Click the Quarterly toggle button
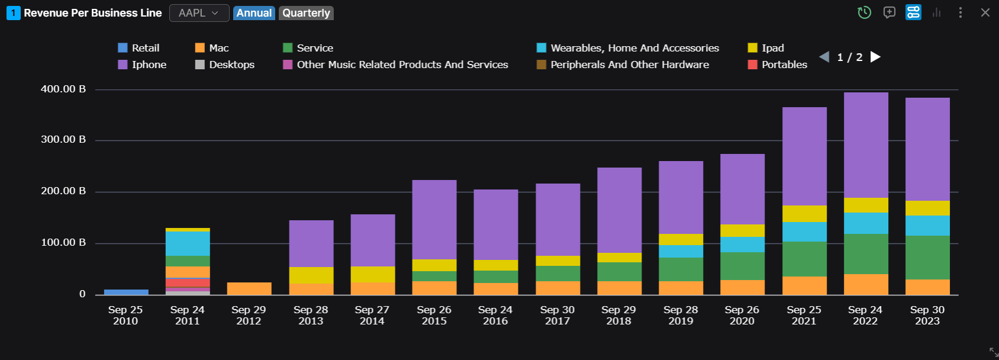point(306,13)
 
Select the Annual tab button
point(254,13)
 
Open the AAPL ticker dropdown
point(199,13)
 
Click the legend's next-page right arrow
point(875,57)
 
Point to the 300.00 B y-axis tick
point(63,140)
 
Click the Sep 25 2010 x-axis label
point(125,315)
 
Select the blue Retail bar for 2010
point(126,292)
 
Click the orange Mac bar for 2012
point(249,288)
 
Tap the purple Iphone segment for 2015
point(434,219)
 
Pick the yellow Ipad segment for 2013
point(311,275)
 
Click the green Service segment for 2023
point(927,258)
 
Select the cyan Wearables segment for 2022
point(866,223)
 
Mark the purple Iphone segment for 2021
point(804,156)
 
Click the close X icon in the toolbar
point(985,12)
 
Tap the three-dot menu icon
point(960,12)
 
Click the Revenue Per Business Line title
point(92,13)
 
